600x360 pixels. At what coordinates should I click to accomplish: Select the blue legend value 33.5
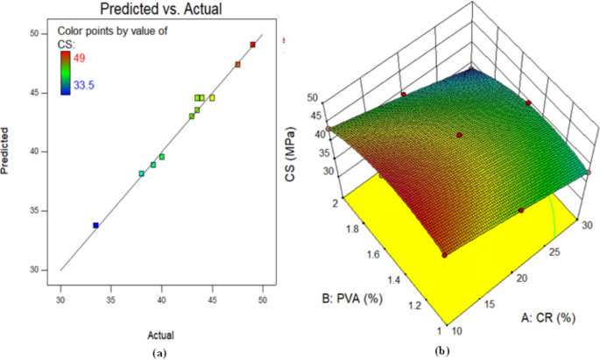(84, 87)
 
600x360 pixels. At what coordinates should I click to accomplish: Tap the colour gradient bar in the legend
(64, 73)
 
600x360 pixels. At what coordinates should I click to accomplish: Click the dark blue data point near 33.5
(95, 225)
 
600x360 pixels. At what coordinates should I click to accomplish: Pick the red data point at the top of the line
(253, 44)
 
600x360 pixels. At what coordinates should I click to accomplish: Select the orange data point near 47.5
(237, 64)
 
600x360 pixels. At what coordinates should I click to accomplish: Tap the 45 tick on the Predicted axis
(35, 92)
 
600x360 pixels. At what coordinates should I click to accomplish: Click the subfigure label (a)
(158, 352)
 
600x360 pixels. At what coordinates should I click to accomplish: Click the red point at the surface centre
(459, 135)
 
